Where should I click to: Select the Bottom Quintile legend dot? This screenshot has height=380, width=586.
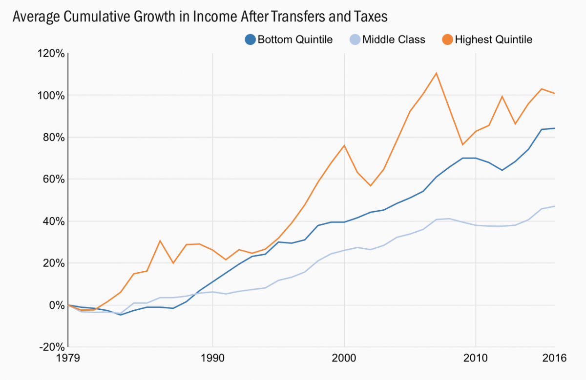click(x=250, y=40)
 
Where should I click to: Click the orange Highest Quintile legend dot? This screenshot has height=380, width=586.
click(x=447, y=40)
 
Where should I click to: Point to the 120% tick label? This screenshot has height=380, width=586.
click(x=50, y=53)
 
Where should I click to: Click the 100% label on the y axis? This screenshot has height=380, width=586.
click(x=50, y=95)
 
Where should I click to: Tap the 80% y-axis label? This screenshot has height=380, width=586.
click(x=53, y=137)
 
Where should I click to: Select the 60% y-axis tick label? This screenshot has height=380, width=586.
click(x=53, y=179)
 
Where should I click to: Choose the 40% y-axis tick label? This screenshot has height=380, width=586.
click(x=53, y=221)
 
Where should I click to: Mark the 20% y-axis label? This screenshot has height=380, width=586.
click(x=53, y=263)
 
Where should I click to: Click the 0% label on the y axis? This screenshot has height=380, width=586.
click(x=56, y=305)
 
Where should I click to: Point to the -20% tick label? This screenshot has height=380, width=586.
click(x=51, y=347)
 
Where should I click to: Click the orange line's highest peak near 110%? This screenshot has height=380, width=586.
click(x=436, y=73)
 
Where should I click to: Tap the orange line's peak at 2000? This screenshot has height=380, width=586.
click(x=344, y=145)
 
